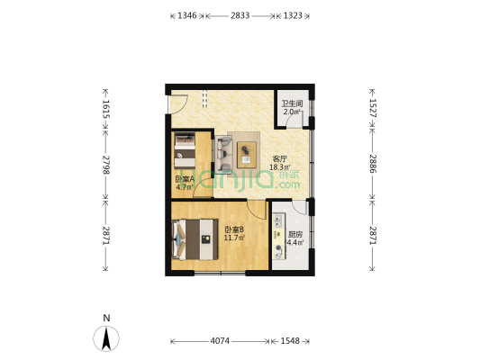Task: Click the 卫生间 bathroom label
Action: [292, 103]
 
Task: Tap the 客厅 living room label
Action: [280, 158]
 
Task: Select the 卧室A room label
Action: [184, 178]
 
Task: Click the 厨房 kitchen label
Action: [294, 233]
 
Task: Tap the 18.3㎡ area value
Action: [280, 167]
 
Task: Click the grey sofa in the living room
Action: [223, 153]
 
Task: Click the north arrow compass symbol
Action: [107, 338]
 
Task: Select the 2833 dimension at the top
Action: [240, 16]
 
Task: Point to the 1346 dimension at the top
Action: [185, 16]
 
